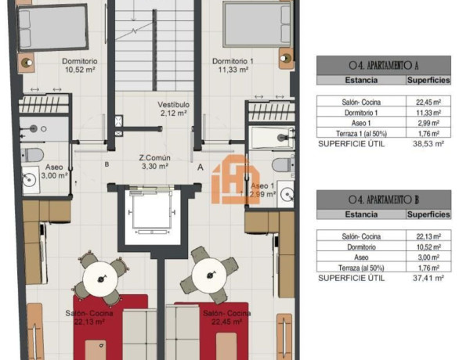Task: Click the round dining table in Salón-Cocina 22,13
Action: (x=100, y=274)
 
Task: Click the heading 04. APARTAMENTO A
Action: (x=383, y=66)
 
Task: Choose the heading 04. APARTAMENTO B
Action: (x=383, y=200)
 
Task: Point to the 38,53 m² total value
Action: (x=428, y=144)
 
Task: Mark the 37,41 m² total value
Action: (x=428, y=277)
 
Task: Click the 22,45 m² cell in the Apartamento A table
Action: (x=428, y=101)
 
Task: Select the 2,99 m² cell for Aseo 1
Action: (x=428, y=123)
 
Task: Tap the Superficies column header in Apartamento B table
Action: (x=428, y=214)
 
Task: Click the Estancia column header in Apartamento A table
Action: (x=361, y=80)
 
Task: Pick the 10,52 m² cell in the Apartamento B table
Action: (x=428, y=246)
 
